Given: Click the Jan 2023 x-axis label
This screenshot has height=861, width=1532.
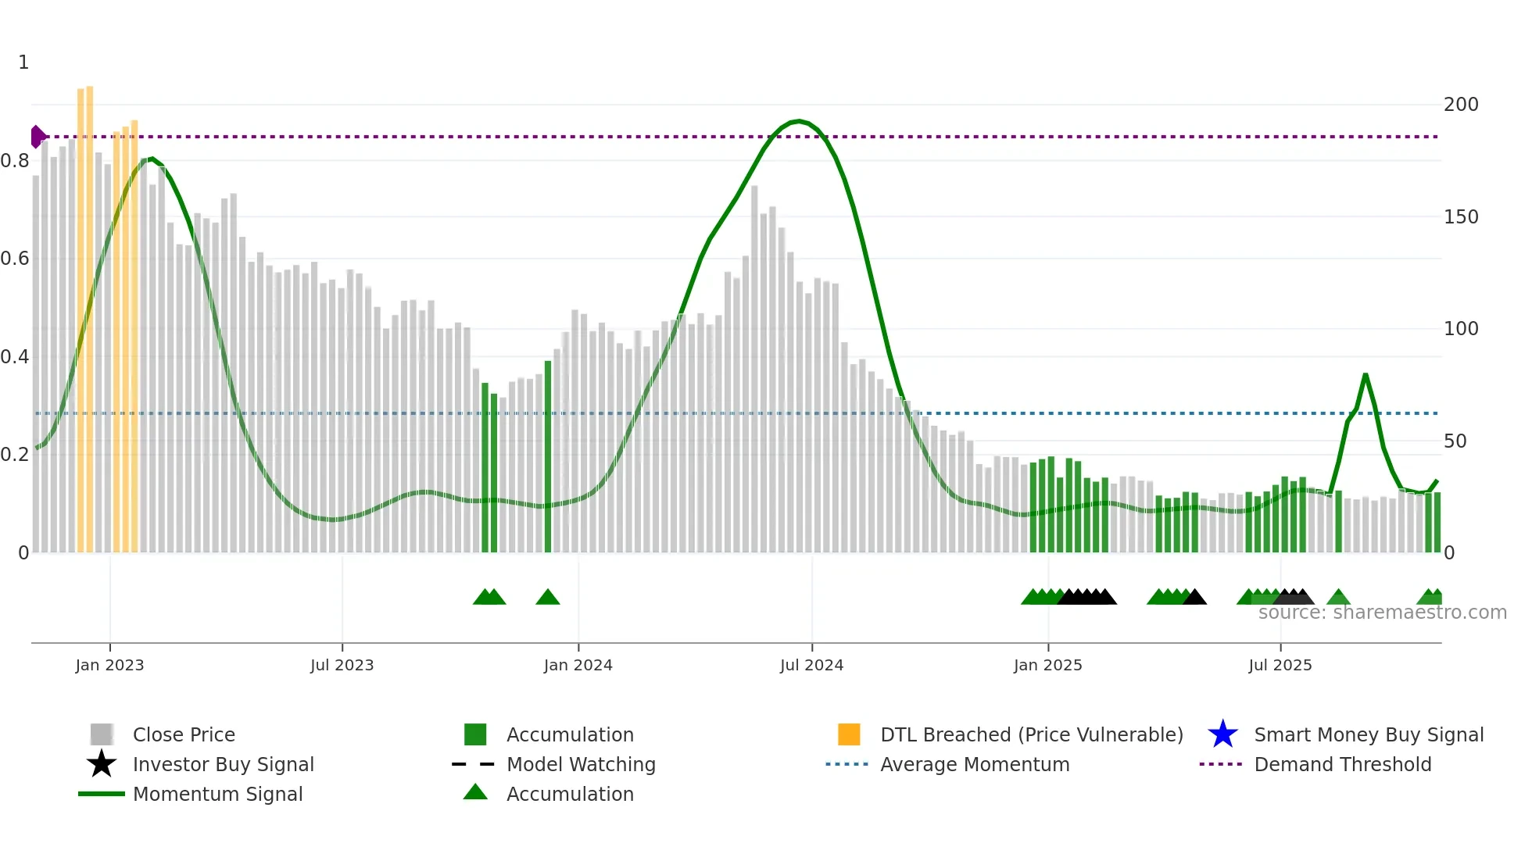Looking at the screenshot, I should point(109,665).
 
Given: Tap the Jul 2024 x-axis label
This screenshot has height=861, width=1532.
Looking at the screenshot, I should point(811,665).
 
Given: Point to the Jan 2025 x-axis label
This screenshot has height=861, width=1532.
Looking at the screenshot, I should point(1047,665).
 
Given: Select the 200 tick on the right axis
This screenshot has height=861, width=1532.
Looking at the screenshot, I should point(1460,105).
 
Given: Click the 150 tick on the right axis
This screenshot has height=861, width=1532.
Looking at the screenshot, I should point(1460,217).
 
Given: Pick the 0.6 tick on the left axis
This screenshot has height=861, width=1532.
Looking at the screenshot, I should point(15,259).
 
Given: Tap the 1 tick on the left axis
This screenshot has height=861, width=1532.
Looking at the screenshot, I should point(23,63).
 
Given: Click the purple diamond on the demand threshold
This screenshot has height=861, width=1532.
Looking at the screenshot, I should point(38,137).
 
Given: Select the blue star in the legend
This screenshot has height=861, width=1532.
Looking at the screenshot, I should point(1222,734).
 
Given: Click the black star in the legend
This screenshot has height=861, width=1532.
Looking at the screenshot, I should point(102,764).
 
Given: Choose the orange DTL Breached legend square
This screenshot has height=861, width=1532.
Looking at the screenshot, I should point(849,734).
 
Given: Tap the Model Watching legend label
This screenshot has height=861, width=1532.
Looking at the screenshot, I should point(581,764).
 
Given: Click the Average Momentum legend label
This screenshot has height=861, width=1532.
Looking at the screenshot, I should point(975,764).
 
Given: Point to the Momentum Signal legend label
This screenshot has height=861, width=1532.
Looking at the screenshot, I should point(217,794).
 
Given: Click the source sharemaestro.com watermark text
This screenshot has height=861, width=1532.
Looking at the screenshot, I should point(1382,613).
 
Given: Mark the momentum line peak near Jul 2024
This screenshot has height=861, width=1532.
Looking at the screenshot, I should point(797,121).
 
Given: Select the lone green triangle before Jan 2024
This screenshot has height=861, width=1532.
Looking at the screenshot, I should point(548,598).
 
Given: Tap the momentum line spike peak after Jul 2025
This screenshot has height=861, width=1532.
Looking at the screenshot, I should point(1366,375).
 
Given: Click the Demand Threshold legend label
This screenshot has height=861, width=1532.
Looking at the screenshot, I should point(1342,764).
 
